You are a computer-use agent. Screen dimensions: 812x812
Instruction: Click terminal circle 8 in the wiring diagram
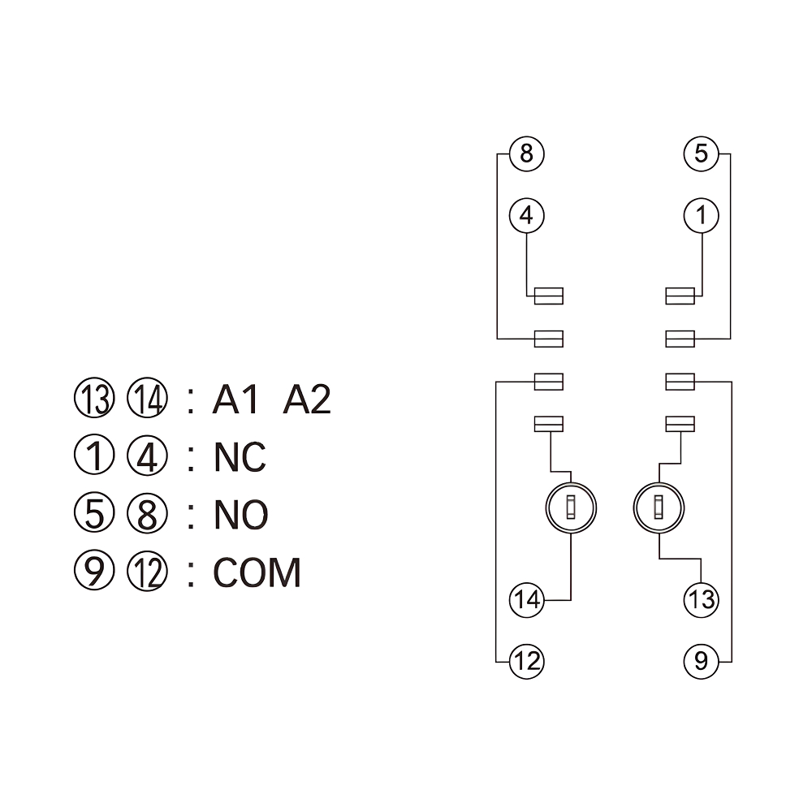(526, 153)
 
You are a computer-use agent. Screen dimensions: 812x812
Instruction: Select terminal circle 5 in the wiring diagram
(701, 153)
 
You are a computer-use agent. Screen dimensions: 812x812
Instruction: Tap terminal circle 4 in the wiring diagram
(526, 216)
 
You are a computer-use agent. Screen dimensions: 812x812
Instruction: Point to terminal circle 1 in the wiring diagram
(701, 216)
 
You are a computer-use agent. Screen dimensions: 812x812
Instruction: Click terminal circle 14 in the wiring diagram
(526, 600)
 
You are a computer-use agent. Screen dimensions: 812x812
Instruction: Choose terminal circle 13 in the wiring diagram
(701, 600)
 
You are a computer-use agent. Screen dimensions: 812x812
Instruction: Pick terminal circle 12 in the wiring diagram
(526, 661)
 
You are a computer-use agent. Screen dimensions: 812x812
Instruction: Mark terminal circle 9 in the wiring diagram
(701, 661)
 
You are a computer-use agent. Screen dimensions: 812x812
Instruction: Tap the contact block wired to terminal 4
(549, 296)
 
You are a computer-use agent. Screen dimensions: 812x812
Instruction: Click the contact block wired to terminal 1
(680, 296)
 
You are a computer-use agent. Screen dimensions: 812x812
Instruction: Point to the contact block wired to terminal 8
(549, 338)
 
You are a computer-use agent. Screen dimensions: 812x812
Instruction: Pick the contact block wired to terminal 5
(680, 338)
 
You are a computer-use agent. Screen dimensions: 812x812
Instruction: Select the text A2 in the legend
(307, 400)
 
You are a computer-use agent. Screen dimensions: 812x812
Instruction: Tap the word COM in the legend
(257, 572)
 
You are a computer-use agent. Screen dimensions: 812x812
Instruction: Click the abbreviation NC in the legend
(240, 458)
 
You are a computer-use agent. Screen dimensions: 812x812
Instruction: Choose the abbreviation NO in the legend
(240, 515)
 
